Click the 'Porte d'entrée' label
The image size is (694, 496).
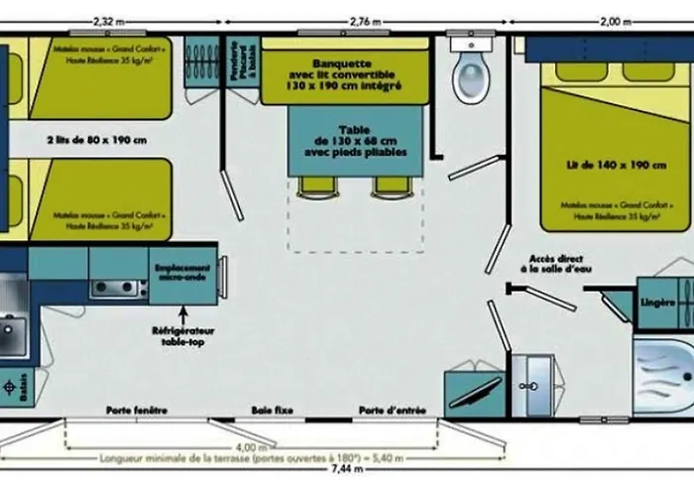387,410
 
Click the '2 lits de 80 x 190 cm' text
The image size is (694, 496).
96,140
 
